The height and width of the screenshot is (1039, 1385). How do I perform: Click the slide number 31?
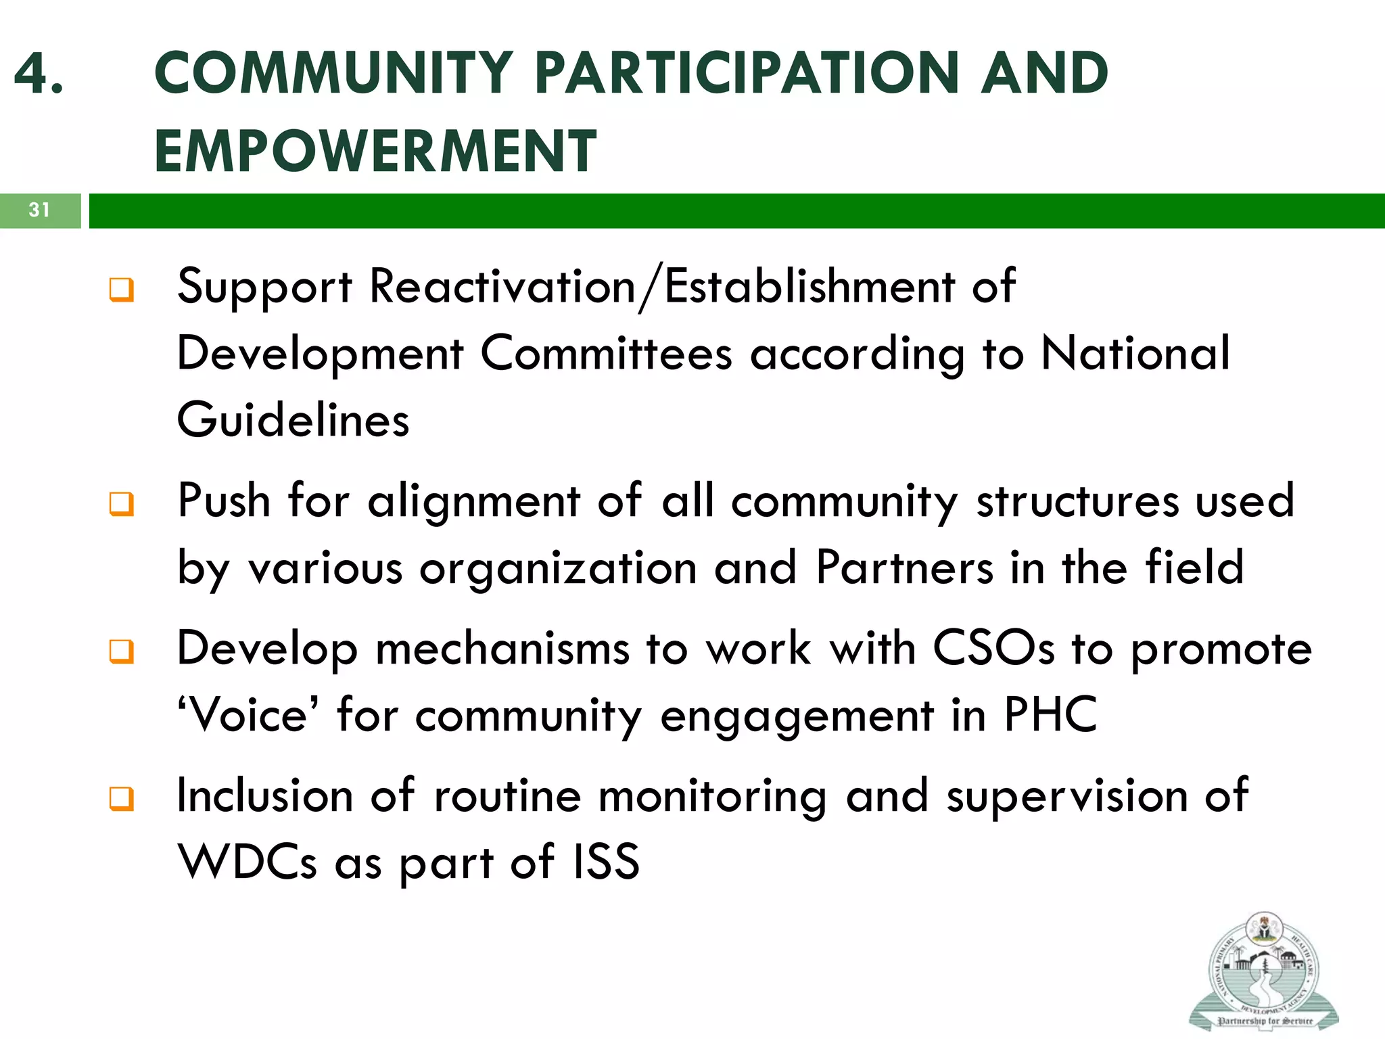click(39, 210)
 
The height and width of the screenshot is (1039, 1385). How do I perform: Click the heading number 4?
click(39, 73)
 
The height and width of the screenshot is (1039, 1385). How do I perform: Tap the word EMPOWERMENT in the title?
click(375, 151)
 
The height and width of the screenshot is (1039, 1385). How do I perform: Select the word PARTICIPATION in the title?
click(747, 73)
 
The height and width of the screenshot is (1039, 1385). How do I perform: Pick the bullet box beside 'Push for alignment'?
click(122, 504)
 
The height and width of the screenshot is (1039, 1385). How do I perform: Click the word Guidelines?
click(293, 420)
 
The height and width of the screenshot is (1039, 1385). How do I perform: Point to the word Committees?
click(606, 353)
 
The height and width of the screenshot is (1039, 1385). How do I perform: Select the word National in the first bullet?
click(1135, 353)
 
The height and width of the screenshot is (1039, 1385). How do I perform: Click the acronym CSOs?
click(993, 648)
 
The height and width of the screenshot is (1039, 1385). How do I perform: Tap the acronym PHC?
click(1050, 714)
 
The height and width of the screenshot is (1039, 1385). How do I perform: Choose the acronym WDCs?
click(247, 862)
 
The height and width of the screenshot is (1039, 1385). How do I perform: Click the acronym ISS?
click(606, 862)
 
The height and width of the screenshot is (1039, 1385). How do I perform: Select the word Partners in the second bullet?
click(904, 567)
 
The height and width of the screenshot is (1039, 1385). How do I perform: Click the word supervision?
click(1066, 795)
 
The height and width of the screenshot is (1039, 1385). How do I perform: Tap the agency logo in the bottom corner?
click(1263, 971)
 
